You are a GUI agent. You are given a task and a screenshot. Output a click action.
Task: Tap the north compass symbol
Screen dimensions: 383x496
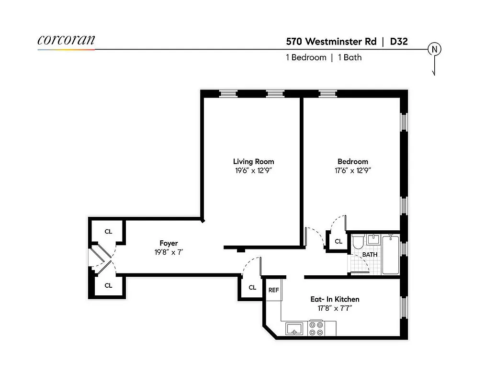point(435,49)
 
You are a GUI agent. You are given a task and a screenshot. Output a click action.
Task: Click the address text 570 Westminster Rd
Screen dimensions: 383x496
point(331,41)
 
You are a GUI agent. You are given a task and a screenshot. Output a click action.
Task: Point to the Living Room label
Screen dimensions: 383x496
point(253,162)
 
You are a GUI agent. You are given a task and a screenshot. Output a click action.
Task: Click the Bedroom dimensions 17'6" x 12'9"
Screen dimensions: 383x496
point(353,170)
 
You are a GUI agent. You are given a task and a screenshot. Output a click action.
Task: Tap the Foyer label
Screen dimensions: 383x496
point(169,244)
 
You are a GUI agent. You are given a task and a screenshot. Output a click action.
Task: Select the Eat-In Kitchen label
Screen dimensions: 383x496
point(335,300)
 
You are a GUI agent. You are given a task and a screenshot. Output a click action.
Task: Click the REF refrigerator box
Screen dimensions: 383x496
point(273,291)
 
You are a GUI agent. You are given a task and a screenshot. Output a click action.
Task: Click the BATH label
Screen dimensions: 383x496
point(370,255)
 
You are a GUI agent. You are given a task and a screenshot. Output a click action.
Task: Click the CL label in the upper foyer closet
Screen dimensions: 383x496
point(108,232)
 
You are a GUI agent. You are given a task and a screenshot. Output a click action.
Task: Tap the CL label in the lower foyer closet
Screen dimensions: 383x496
point(108,286)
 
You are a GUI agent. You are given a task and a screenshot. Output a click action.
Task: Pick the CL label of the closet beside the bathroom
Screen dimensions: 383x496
point(338,242)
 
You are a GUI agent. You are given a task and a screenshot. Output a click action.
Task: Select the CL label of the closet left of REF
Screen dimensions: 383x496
point(252,288)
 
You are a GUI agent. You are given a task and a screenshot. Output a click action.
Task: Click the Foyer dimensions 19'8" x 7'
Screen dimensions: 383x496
point(169,252)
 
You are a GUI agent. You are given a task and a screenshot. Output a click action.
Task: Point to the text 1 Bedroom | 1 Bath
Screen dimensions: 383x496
point(323,57)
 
